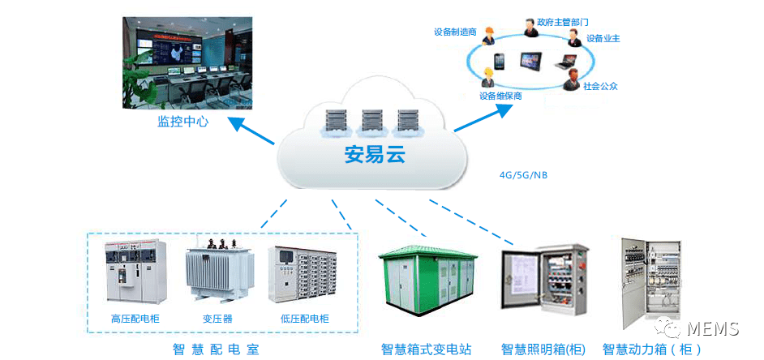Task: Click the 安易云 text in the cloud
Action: [x=374, y=153]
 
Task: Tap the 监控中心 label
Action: [x=182, y=122]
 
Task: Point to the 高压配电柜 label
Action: [x=135, y=319]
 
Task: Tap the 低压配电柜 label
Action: [x=304, y=319]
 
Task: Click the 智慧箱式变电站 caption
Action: [x=426, y=349]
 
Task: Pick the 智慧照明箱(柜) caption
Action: [x=543, y=349]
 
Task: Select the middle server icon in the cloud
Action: [x=372, y=121]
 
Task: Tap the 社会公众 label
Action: [x=601, y=86]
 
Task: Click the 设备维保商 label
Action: [x=500, y=96]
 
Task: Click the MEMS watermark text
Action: [x=711, y=329]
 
